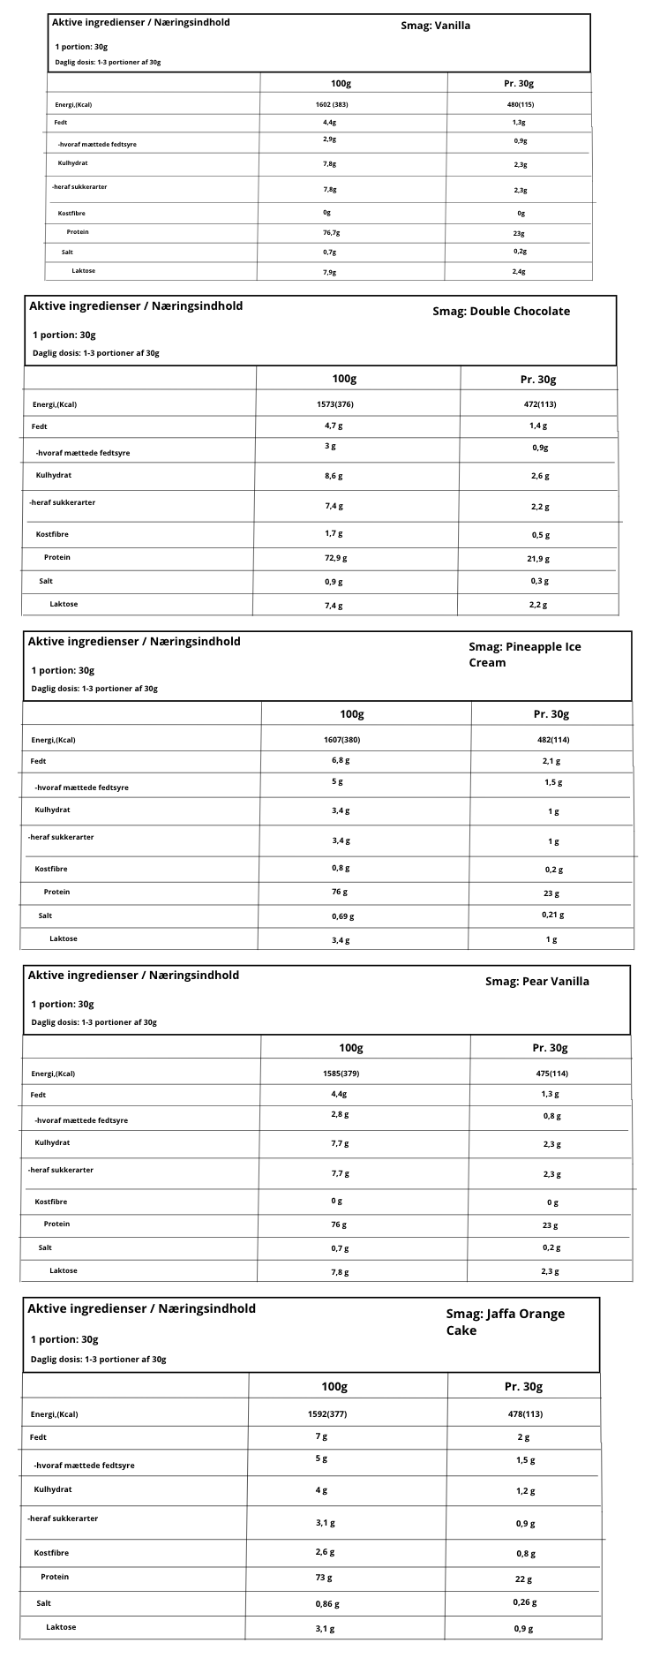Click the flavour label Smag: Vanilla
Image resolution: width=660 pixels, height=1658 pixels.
435,26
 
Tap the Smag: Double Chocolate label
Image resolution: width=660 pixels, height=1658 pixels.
501,311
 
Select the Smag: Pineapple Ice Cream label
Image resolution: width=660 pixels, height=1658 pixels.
524,654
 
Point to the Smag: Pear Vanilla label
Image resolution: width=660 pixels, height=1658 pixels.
536,981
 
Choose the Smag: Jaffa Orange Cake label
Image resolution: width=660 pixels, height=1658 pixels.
505,1322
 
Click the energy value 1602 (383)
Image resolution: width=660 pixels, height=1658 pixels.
332,104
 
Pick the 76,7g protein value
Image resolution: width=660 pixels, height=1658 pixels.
331,232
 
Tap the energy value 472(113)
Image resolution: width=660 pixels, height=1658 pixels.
540,404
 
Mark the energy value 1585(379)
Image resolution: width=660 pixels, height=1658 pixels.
341,1074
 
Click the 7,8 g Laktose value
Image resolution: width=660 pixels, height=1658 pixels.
340,1272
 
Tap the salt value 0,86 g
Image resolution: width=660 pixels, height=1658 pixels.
326,1604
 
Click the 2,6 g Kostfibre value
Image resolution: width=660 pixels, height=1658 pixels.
326,1551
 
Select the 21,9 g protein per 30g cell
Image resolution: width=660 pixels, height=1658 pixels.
538,559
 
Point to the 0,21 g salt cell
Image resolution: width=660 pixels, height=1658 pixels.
552,915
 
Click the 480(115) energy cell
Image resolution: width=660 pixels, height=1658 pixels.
520,104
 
